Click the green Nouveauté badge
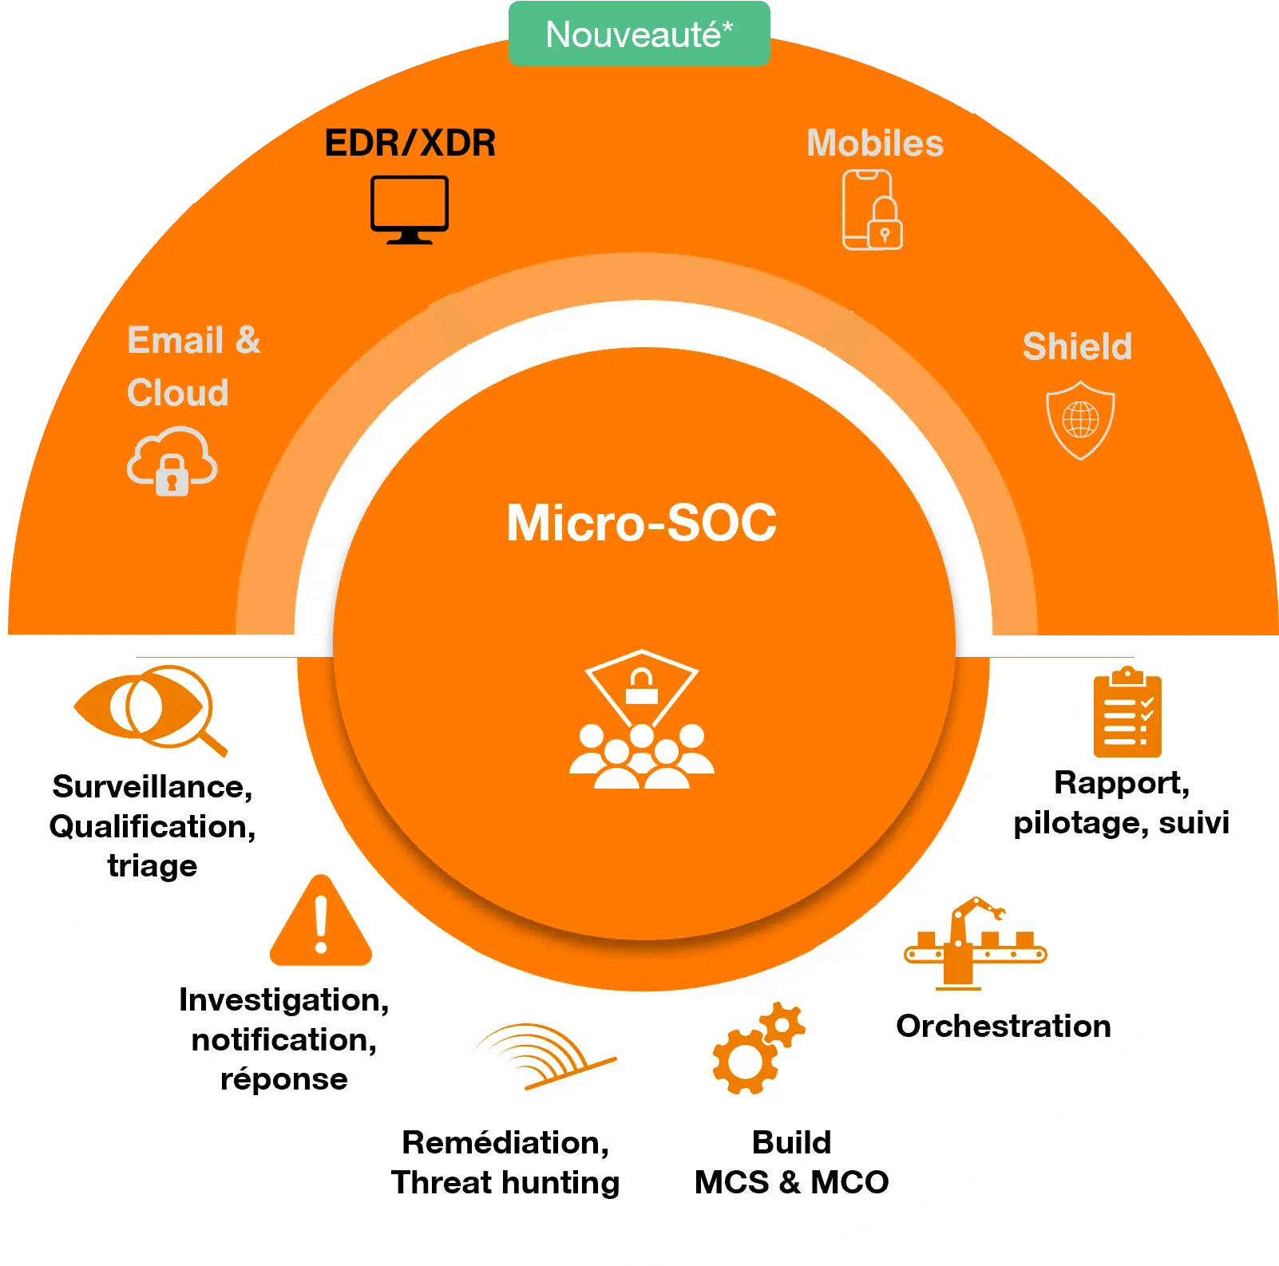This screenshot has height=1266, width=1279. (639, 34)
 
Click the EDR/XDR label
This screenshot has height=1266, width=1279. (410, 144)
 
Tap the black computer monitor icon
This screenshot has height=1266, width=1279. (410, 210)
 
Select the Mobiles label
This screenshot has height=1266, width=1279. (875, 144)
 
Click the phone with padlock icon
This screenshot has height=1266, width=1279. (873, 210)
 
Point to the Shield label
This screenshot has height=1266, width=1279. (1077, 346)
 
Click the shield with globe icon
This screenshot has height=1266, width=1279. (1080, 420)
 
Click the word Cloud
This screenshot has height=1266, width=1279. (178, 393)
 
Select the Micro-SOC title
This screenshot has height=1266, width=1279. (641, 523)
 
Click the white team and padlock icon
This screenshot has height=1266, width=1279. (642, 719)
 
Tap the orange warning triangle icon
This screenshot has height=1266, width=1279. (321, 920)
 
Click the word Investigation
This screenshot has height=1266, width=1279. (283, 1000)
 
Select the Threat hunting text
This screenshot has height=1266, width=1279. (505, 1182)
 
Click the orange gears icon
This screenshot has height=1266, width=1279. (758, 1048)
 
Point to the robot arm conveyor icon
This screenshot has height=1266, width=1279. (975, 943)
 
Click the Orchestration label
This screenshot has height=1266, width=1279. (1004, 1027)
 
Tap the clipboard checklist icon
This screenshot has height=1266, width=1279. (1127, 712)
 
